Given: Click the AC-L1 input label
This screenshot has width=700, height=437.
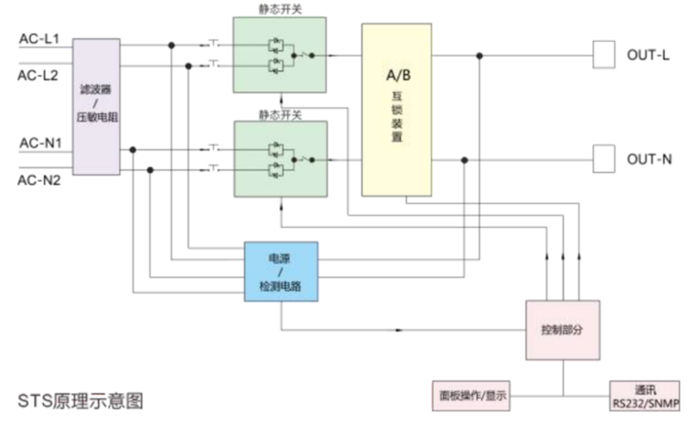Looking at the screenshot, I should click(39, 39).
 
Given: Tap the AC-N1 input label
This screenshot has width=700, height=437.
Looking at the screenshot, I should click(39, 144).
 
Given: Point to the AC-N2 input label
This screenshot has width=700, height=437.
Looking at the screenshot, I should click(39, 179).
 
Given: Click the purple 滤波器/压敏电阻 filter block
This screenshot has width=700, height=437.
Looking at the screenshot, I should click(95, 106).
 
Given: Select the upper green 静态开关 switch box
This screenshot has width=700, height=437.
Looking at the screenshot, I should click(280, 56).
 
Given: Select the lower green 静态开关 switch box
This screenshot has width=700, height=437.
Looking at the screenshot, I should click(280, 159).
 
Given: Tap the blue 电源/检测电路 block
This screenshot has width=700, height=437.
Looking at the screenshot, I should click(281, 272).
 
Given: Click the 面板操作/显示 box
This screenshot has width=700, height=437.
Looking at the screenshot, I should click(469, 396).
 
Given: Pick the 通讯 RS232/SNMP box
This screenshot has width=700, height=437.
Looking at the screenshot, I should click(645, 396).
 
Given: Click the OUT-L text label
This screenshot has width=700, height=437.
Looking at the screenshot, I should click(648, 55).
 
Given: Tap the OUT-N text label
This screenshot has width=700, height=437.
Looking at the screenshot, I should click(649, 159).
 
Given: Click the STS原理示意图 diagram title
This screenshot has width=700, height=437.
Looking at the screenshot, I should click(81, 401).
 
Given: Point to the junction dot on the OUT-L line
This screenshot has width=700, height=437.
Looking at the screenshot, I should click(479, 55).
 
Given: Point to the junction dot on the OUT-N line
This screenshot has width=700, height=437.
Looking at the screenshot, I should click(464, 159).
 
